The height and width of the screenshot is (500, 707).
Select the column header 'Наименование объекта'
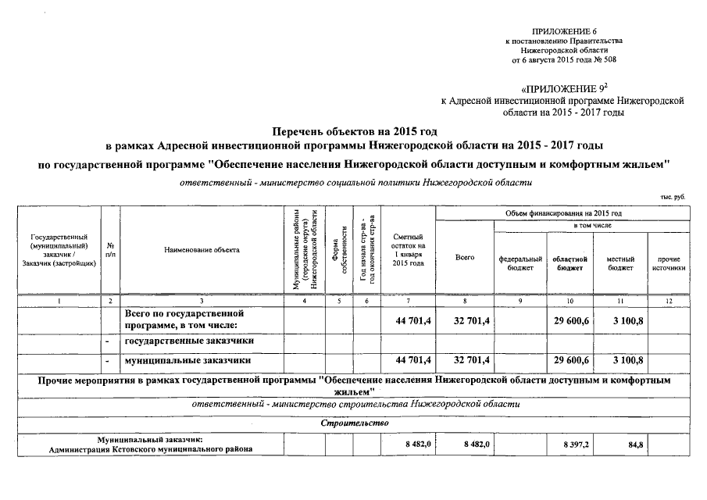[x=202, y=249]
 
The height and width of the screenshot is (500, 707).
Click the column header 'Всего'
[x=464, y=257]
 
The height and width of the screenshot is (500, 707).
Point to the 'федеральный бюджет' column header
[x=520, y=263]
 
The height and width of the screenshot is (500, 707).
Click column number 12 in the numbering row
[x=670, y=301]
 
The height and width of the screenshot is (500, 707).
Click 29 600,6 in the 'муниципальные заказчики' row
[x=571, y=360]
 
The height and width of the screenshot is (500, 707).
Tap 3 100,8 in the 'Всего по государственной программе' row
[x=623, y=319]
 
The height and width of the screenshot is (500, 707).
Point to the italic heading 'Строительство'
[x=354, y=423]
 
